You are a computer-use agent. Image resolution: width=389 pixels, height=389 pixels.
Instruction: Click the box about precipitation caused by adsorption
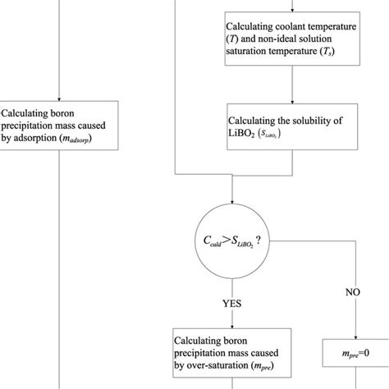(60, 126)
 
